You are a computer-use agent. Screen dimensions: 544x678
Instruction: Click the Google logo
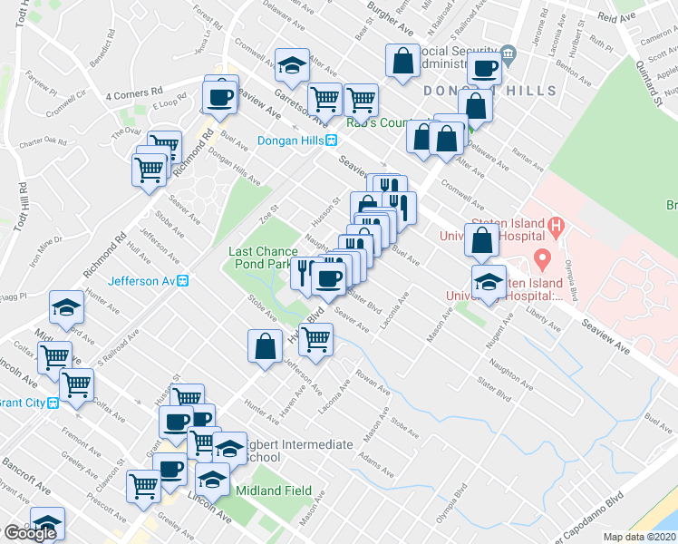point(29,533)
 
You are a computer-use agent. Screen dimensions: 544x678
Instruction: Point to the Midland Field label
point(273,491)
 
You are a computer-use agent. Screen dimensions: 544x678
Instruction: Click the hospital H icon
point(557,224)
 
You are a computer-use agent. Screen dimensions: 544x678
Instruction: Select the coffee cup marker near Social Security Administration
point(484,69)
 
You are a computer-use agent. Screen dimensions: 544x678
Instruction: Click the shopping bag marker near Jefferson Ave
point(264,346)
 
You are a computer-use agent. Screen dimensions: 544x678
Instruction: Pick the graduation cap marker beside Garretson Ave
point(292,65)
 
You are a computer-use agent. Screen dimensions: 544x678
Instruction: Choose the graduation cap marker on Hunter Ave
point(66,307)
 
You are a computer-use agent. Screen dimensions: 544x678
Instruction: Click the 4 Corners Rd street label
point(133,92)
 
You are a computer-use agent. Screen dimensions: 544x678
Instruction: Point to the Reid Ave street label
point(619,17)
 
